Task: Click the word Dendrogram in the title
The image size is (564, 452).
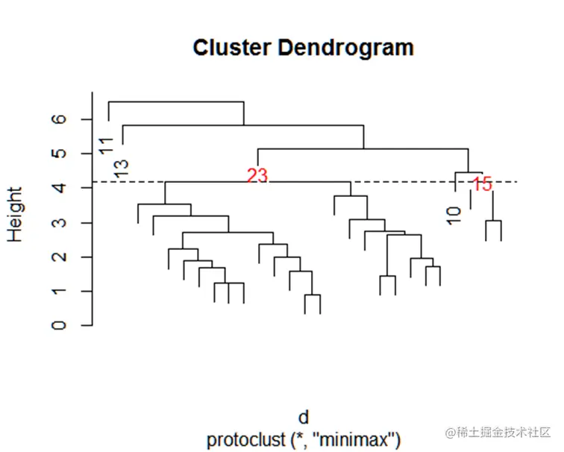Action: [x=344, y=48]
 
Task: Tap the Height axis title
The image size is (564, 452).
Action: [x=16, y=213]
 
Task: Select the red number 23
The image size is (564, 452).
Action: [x=257, y=175]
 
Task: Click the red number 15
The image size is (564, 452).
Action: [x=483, y=184]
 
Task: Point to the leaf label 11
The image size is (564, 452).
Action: [x=106, y=145]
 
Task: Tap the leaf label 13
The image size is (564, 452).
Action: [x=122, y=169]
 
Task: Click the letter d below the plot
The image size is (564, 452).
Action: [x=303, y=417]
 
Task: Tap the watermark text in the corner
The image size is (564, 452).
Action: [x=498, y=433]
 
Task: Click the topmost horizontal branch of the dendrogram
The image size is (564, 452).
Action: [x=176, y=101]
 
